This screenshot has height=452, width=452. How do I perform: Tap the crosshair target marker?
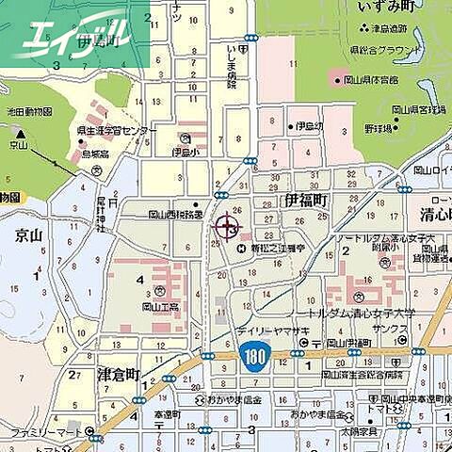[x=227, y=226]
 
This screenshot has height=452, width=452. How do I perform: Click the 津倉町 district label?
[x=119, y=375]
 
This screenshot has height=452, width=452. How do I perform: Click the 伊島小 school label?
[x=187, y=151]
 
